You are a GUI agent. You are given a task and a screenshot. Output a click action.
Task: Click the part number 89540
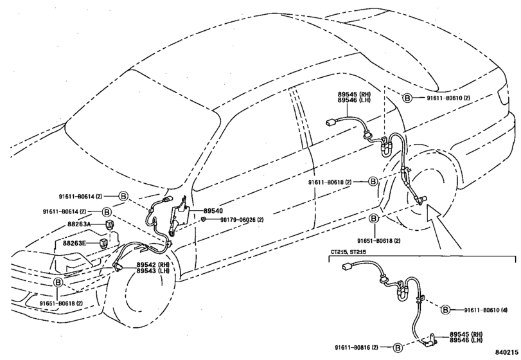(x=213, y=211)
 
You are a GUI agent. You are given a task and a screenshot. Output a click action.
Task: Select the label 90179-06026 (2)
(x=242, y=220)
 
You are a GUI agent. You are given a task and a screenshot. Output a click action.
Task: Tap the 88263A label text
(x=79, y=224)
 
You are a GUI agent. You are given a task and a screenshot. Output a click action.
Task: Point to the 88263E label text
(x=75, y=244)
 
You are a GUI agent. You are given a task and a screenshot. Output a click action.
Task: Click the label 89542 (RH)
(x=152, y=265)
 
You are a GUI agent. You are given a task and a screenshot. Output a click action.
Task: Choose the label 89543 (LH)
(x=152, y=271)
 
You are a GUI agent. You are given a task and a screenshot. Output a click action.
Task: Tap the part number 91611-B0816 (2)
(x=357, y=347)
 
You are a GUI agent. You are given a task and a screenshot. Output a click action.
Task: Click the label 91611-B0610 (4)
(x=486, y=310)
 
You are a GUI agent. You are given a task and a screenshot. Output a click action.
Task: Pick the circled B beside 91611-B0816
(x=398, y=348)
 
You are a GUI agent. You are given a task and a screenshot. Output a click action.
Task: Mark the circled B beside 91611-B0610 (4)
(x=445, y=310)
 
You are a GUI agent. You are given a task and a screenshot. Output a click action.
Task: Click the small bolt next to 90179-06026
(x=204, y=219)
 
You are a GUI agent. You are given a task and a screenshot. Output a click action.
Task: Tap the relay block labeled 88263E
(x=104, y=244)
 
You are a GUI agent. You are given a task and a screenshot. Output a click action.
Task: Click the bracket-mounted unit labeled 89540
(x=179, y=217)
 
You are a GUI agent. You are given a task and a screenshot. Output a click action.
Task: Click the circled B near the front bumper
(x=58, y=283)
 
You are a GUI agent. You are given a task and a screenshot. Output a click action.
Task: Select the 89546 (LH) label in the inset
(x=466, y=340)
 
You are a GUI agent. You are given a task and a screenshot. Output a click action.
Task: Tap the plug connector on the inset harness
(x=347, y=267)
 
